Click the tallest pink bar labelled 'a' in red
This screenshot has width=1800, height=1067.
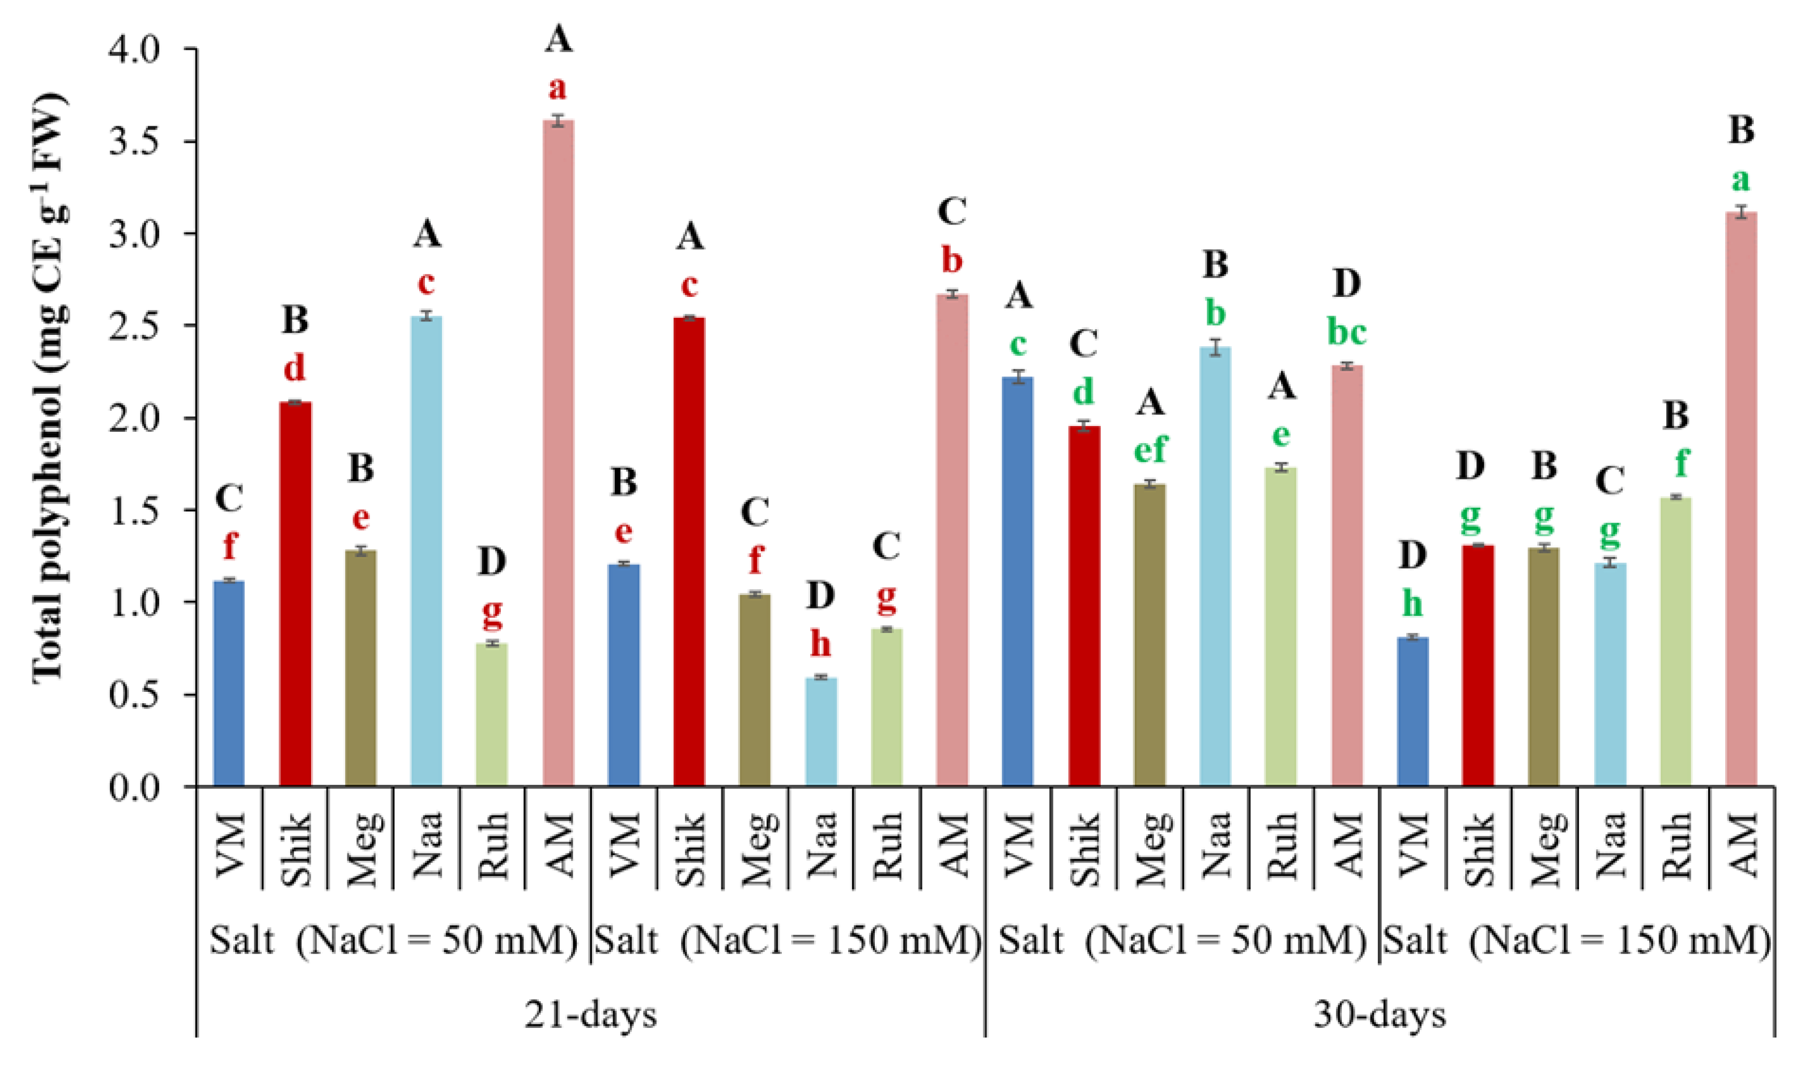coord(558,453)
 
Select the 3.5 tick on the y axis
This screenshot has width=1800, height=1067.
coord(143,142)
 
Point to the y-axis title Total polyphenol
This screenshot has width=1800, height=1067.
coord(50,388)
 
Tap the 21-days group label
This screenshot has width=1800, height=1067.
coord(590,1015)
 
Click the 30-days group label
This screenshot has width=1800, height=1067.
coord(1380,1015)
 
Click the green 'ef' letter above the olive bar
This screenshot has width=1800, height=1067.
coord(1150,449)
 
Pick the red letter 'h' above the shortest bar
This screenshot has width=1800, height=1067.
coord(820,644)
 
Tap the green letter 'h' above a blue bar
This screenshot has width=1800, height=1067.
coord(1412,604)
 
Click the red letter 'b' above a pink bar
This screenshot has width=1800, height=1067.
coord(952,260)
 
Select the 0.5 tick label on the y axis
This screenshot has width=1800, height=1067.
coord(143,695)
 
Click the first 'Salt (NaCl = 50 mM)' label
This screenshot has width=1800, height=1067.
coord(393,941)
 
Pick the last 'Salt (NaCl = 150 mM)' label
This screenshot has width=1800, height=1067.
coord(1576,941)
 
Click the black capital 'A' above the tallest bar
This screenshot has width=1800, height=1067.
coord(559,39)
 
